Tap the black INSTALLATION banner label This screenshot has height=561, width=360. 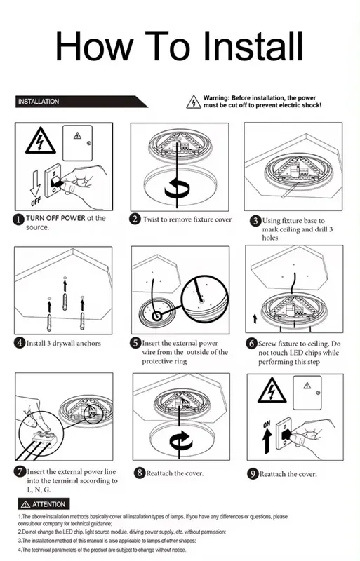(39, 102)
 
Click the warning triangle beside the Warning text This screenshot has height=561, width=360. (193, 103)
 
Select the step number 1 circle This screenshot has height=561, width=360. (20, 219)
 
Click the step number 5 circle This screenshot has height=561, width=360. (136, 343)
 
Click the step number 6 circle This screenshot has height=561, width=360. (251, 344)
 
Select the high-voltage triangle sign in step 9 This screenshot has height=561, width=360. (270, 390)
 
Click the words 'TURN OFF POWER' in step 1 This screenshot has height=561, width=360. (55, 218)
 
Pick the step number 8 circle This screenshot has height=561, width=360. (139, 473)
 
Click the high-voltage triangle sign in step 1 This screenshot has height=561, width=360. (41, 142)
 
